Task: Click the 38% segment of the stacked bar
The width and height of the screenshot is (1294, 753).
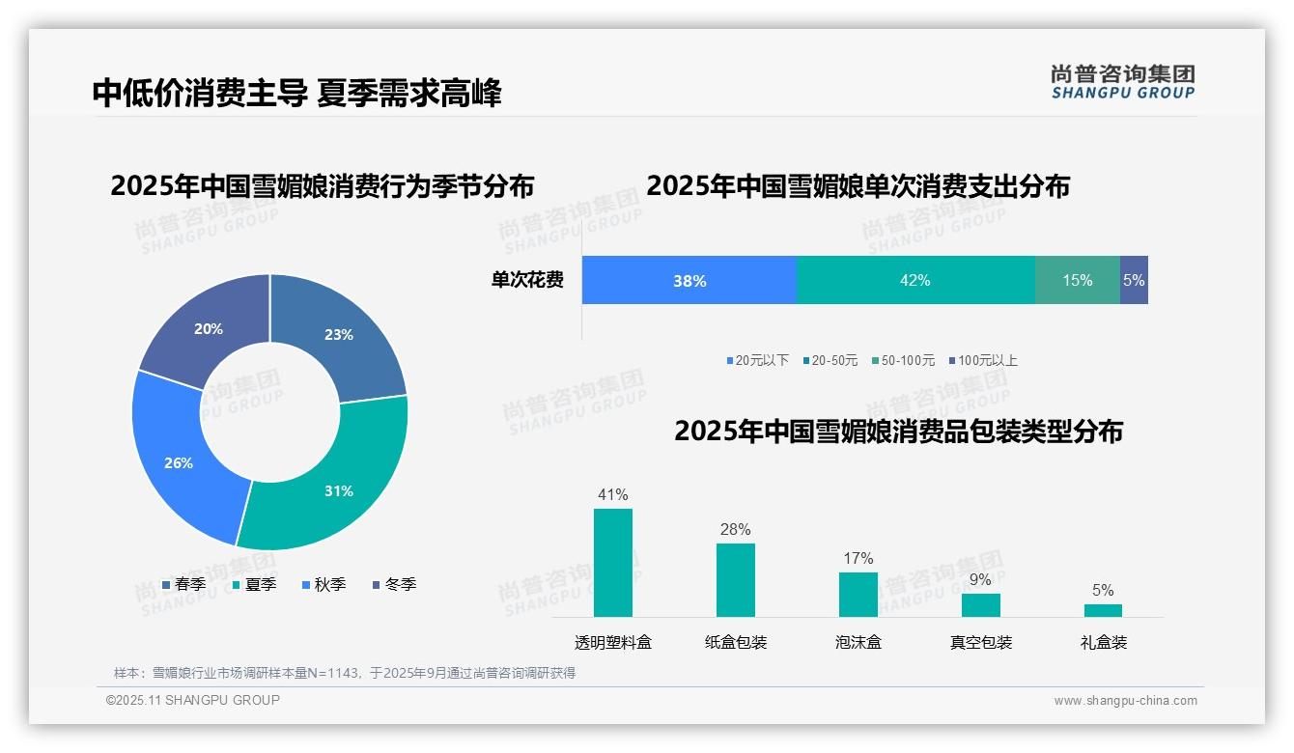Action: coord(689,280)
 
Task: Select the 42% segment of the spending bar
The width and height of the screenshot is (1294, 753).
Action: coord(914,280)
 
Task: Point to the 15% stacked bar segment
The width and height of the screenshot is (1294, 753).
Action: coord(1077,280)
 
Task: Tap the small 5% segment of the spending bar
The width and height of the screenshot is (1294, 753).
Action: coord(1134,280)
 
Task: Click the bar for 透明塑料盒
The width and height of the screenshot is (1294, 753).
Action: coord(612,562)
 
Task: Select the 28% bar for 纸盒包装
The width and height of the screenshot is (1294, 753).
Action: coord(735,579)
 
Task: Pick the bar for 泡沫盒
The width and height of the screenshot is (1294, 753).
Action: coord(858,594)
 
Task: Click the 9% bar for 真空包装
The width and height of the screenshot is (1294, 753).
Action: coord(980,604)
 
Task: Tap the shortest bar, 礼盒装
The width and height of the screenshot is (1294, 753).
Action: coord(1103,610)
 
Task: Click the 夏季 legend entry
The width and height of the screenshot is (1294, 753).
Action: coord(254,584)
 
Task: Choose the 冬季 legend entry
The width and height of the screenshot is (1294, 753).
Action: coord(394,584)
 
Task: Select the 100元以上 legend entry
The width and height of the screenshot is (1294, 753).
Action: coord(982,360)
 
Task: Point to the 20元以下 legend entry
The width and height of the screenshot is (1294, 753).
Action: coord(757,360)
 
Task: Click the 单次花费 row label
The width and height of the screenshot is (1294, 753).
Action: coord(527,280)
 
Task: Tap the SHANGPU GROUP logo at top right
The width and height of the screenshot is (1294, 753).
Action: coord(1122,81)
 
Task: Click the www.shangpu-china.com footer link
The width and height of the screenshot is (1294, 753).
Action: coord(1125,700)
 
